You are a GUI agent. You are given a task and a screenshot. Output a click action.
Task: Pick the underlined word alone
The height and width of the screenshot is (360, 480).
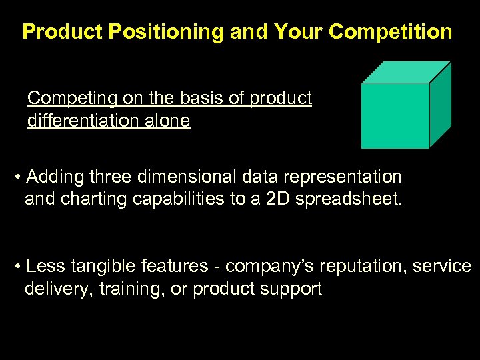[169, 121]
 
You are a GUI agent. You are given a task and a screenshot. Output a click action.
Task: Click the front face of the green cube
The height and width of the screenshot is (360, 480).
[395, 115]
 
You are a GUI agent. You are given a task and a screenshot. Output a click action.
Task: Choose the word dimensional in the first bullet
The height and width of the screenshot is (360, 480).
[195, 177]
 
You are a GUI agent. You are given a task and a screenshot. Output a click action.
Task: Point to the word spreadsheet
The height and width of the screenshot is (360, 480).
[354, 199]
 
